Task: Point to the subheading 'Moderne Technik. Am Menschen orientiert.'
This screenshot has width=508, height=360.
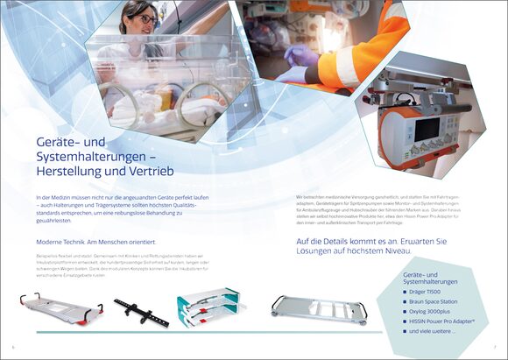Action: click(x=95, y=242)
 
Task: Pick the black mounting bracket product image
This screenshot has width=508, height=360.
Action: click(x=141, y=309)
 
